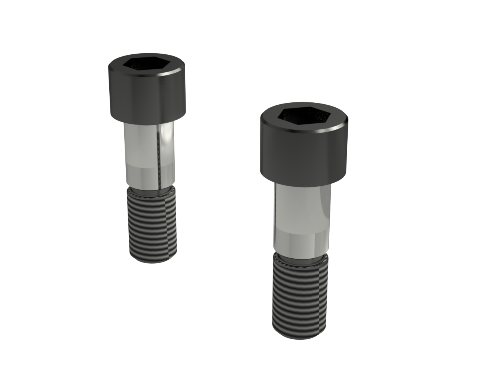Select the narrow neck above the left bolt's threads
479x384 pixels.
(x=150, y=189)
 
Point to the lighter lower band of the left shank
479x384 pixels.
(x=144, y=174)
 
